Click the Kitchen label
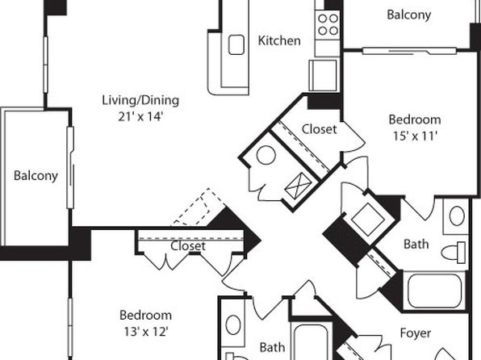point(279,40)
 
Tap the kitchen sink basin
point(236,45)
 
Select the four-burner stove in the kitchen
point(328,24)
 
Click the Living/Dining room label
point(140,100)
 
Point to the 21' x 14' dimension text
point(140,116)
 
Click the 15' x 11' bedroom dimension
point(415,136)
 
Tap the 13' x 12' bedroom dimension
point(146,332)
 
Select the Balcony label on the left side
point(36,176)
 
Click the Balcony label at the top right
point(409,15)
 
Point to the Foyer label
point(416,333)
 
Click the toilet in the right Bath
point(454,253)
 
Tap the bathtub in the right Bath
point(435,291)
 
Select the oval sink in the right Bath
point(457,216)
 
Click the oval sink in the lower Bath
point(233,325)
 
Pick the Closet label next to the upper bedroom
point(319,129)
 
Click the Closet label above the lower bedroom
point(188,246)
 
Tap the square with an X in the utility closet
point(298,186)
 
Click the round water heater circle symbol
point(266,155)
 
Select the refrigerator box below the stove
point(323,75)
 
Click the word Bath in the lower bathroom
point(272,347)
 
